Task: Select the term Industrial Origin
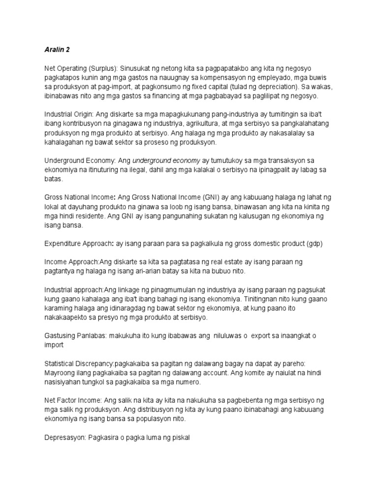(67, 114)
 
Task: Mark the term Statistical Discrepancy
(79, 363)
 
